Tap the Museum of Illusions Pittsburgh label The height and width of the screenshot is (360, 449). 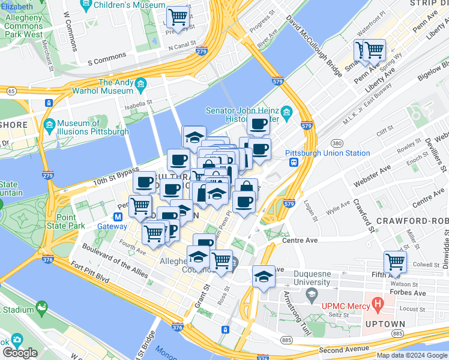pos(93,127)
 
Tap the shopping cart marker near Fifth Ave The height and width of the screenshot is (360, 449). pos(395,262)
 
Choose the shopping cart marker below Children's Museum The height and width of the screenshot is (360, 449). pos(178,17)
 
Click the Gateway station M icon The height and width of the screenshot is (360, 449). pos(119,217)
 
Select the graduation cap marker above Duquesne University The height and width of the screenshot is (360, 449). pos(263,276)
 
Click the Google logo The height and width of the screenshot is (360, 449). pos(20,353)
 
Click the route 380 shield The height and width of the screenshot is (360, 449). pos(337,143)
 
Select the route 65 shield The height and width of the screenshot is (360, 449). pos(11,91)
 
